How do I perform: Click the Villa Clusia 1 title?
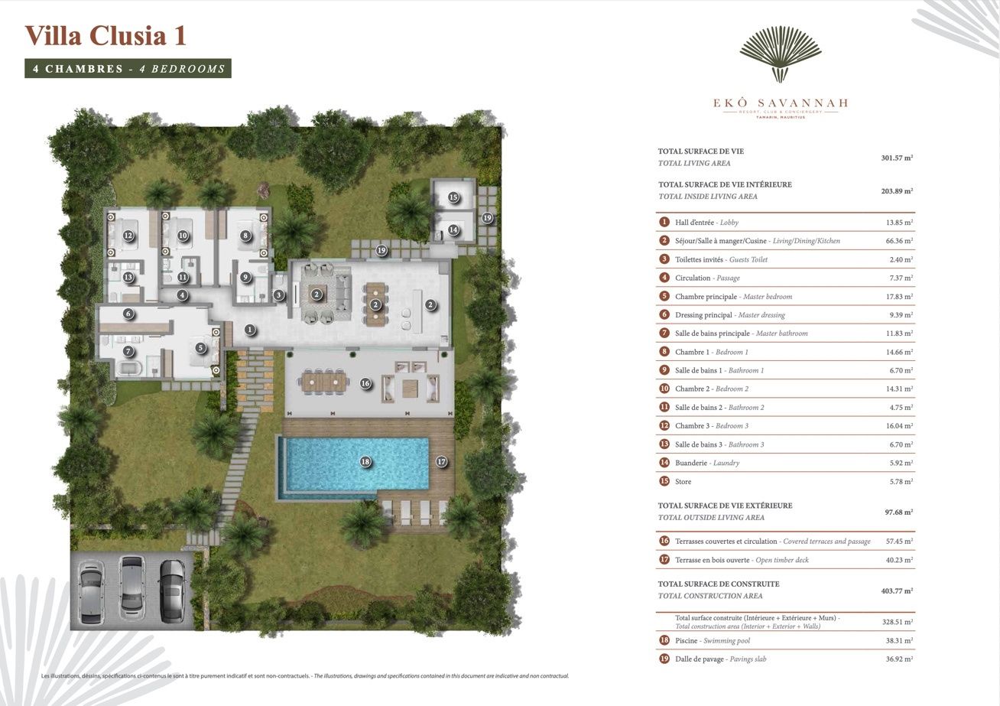coord(106,36)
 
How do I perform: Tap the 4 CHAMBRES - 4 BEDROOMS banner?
coord(128,69)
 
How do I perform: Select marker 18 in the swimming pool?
coord(365,461)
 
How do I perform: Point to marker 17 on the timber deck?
coord(441,461)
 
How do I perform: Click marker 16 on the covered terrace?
coord(365,383)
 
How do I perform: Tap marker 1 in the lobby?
coord(249,330)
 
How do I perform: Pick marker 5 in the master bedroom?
coord(200,347)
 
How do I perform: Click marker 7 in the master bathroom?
coord(128,352)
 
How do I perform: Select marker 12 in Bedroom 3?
coord(128,236)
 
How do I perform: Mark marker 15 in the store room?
coord(453,197)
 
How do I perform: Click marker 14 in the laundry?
coord(453,229)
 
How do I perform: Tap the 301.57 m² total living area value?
coord(897,158)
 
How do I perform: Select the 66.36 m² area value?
coord(897,241)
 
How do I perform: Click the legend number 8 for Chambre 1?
coord(664,352)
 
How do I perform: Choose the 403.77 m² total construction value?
coord(897,591)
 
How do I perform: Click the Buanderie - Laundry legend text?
coord(707,463)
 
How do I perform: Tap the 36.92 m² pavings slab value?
coord(897,659)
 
